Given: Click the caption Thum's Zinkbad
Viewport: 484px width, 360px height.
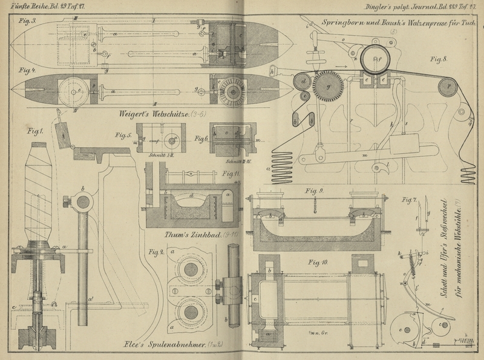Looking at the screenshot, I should [x=194, y=234].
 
